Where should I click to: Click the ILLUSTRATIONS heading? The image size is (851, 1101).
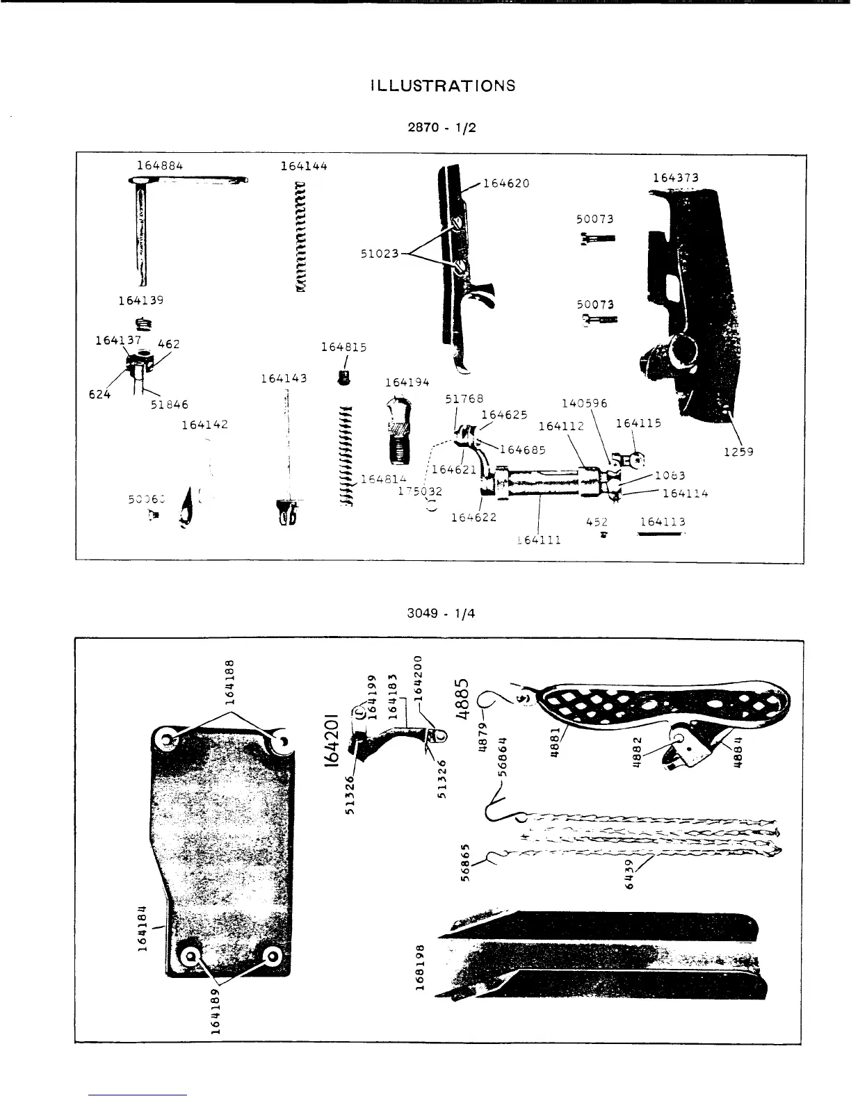coord(444,86)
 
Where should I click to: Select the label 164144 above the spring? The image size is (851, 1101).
coord(304,165)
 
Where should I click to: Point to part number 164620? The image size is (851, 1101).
coord(506,183)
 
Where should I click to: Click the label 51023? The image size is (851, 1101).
coord(379,254)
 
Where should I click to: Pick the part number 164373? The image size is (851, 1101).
coord(675,178)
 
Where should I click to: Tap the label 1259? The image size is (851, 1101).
coord(738,452)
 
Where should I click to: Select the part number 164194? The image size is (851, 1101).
coord(407,382)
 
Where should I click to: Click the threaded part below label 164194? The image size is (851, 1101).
coord(398,431)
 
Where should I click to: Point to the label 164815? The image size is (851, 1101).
coord(343,347)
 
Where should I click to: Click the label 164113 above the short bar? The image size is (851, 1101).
coord(663,522)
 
